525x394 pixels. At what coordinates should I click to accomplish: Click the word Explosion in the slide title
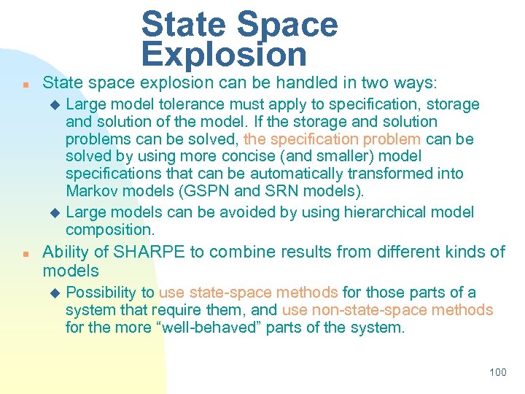point(224,54)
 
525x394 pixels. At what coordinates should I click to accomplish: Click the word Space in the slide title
point(287,24)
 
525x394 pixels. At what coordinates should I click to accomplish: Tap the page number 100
point(497,372)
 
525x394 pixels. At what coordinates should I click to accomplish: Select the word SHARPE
point(146,252)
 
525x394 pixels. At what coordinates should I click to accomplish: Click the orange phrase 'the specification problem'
point(332,139)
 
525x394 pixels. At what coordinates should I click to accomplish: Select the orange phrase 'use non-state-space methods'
point(387,310)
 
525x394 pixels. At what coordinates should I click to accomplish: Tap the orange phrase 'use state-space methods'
point(248,293)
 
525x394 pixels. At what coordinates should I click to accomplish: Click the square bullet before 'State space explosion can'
point(25,85)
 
